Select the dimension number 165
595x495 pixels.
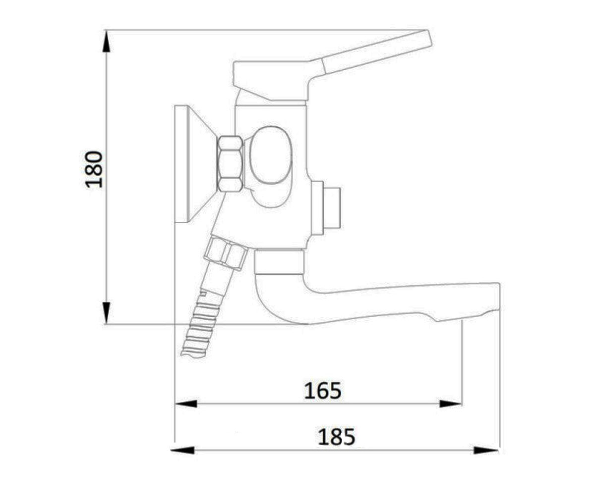(322, 391)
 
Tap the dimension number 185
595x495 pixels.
(336, 437)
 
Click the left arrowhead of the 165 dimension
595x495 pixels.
(185, 404)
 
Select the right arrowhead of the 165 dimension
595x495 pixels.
(451, 404)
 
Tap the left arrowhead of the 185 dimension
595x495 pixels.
(182, 450)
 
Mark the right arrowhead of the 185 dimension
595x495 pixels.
(486, 450)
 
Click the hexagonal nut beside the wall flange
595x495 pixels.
(231, 163)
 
